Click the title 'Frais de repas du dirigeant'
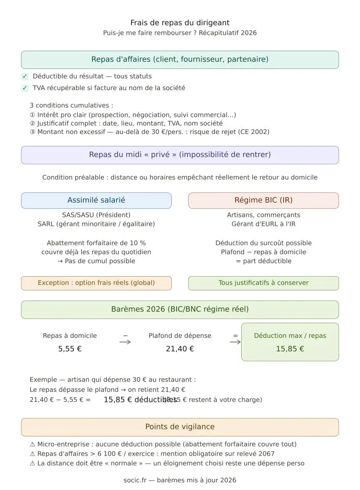(x=180, y=22)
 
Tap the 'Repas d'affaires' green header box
(x=180, y=59)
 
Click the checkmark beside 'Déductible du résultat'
(x=25, y=77)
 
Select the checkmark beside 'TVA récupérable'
(x=25, y=88)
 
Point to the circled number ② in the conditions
(x=33, y=123)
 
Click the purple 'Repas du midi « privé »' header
(x=180, y=155)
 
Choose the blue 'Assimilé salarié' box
(x=96, y=200)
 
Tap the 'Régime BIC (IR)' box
(x=263, y=200)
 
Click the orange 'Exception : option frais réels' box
(x=96, y=283)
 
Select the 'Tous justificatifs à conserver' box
(x=263, y=283)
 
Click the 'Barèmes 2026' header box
(x=180, y=309)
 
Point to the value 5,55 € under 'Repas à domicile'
(x=70, y=349)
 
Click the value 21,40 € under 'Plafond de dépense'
(x=180, y=349)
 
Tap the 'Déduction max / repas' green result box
(x=290, y=342)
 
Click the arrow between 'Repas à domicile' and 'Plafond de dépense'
(x=125, y=342)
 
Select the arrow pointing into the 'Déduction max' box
(x=235, y=342)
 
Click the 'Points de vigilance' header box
(x=180, y=427)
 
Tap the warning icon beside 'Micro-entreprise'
(x=33, y=444)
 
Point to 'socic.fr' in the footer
(x=135, y=480)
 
